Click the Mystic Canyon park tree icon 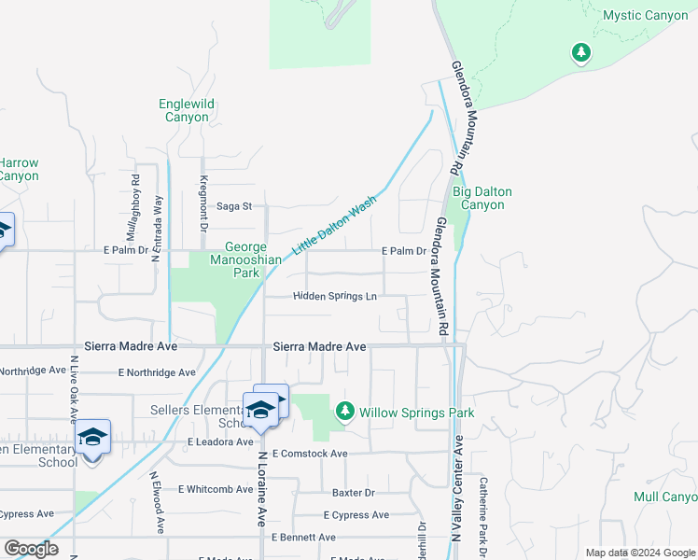point(582,52)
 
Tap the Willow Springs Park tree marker point(345,412)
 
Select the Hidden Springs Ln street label point(335,297)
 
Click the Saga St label point(235,206)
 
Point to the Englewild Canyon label point(187,110)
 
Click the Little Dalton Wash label point(335,225)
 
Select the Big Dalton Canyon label point(482,198)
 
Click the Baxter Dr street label point(354,492)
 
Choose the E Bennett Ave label point(303,538)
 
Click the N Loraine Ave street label point(261,490)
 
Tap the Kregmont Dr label point(202,203)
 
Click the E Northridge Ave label point(157,372)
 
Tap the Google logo point(31,549)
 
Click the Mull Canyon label point(664,497)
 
